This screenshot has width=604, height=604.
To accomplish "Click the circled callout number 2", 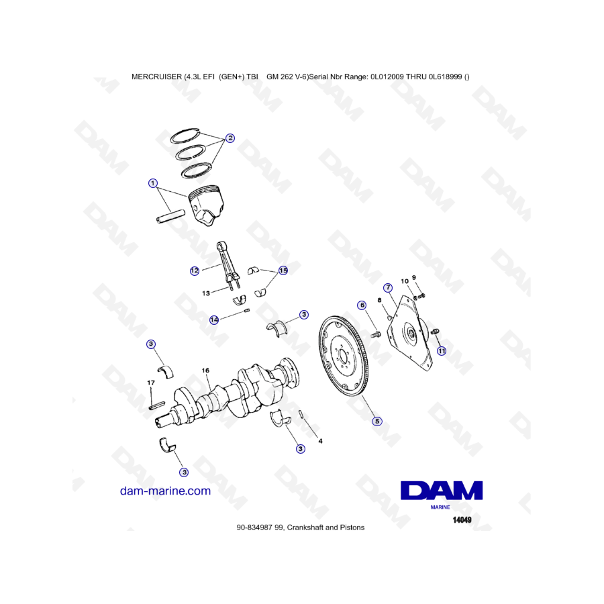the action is pos(230,138).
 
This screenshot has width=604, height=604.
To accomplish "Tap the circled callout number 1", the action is pos(153,183).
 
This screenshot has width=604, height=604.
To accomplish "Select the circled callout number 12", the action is pos(195,271).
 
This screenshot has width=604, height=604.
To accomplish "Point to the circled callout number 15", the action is pos(283,270).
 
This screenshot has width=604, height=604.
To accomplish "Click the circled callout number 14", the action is pos(214,319).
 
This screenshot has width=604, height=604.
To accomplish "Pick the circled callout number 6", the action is pos(362,305).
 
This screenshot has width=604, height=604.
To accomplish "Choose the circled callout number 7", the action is pos(388,287).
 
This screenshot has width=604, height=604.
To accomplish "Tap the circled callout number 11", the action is pos(442,351).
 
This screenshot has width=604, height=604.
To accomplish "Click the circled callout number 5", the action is pos(377,421).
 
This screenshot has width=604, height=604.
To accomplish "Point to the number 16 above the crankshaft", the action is pos(206,370).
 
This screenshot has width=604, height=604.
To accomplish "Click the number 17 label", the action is pos(151,383).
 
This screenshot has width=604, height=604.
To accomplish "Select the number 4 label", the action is pos(321,441).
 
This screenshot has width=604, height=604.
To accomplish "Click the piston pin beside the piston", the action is pos(170,216).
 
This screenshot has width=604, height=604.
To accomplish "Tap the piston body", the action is pos(206,206).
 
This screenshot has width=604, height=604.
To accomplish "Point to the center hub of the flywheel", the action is pos(342,355).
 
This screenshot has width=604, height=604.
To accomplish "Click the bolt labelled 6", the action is pos(376,335).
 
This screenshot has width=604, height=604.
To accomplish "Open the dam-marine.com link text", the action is pos(165,491).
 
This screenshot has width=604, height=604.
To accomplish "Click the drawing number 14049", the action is pos(462,520).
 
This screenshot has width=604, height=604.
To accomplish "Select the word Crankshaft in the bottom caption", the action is pos(305,527).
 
